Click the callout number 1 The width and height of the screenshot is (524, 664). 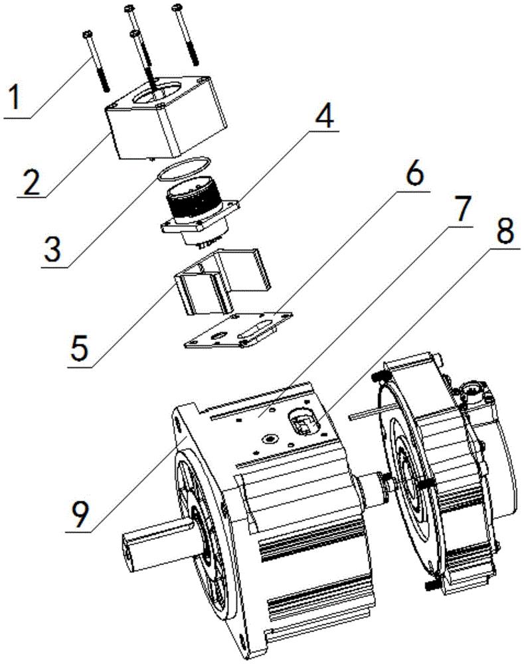point(15,97)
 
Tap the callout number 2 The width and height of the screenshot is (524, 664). point(32,182)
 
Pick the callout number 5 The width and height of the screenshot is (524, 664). point(80,347)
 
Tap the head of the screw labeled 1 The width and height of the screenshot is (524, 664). point(88,33)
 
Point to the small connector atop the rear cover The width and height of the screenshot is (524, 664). point(474,391)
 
